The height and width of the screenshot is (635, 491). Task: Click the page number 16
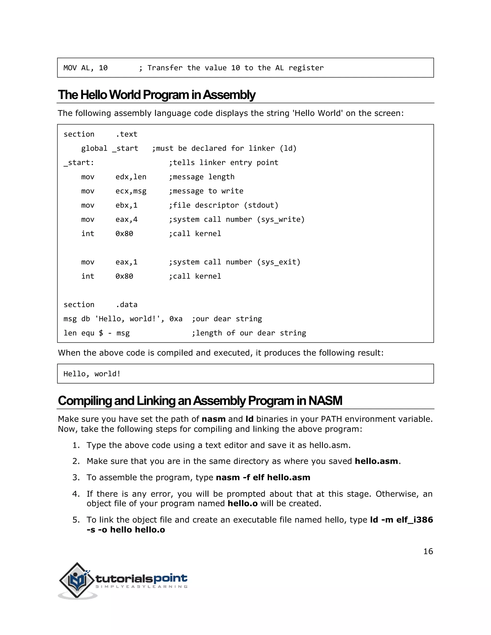[428, 551]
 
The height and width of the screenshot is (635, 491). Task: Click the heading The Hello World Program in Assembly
[157, 95]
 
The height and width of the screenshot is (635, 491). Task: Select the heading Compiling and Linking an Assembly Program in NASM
[200, 401]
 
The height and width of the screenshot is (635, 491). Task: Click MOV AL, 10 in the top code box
[86, 68]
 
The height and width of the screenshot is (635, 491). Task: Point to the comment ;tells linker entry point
[223, 162]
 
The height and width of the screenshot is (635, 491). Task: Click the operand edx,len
[131, 177]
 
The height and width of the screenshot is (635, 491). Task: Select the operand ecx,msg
[131, 191]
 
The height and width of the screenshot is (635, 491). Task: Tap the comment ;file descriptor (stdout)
[223, 205]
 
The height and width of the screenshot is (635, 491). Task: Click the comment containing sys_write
[236, 219]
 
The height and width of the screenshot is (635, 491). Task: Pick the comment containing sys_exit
[234, 262]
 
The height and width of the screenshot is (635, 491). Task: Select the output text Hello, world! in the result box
[92, 374]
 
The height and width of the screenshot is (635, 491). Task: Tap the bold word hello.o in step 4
[243, 504]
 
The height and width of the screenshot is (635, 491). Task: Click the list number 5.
[76, 520]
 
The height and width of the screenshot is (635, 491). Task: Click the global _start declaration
[110, 149]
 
